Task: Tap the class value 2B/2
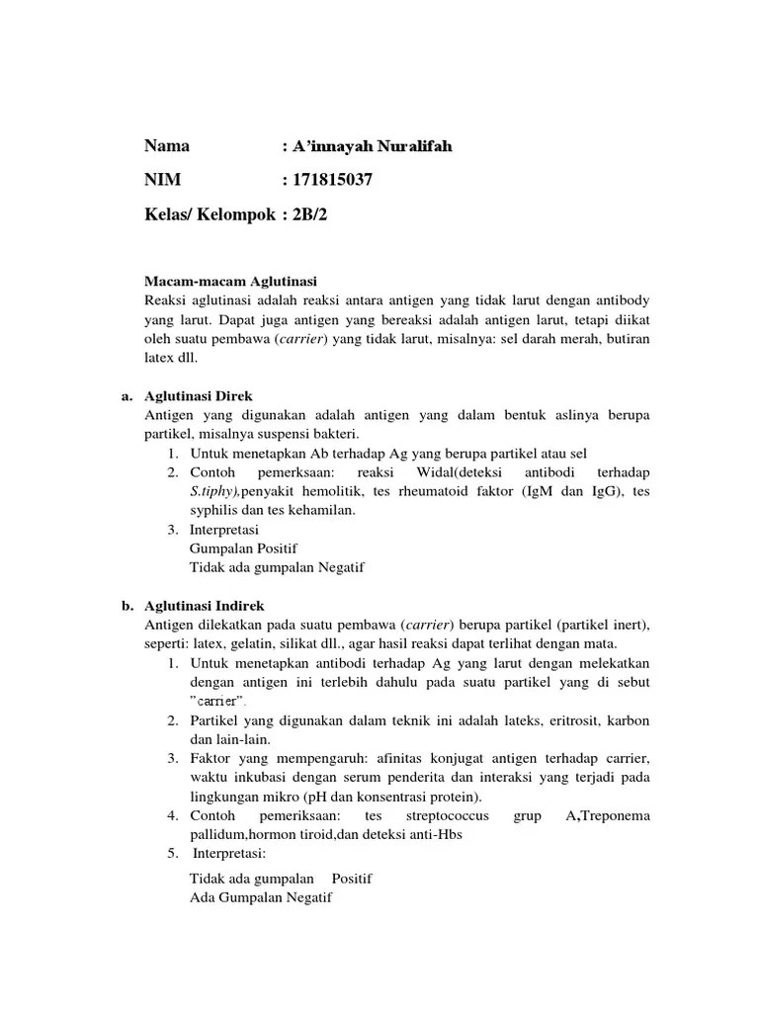click(x=307, y=213)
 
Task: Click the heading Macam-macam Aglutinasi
click(x=230, y=281)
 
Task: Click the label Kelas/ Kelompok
click(x=210, y=213)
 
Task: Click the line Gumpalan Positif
click(x=243, y=548)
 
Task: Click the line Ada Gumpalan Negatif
click(x=261, y=897)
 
